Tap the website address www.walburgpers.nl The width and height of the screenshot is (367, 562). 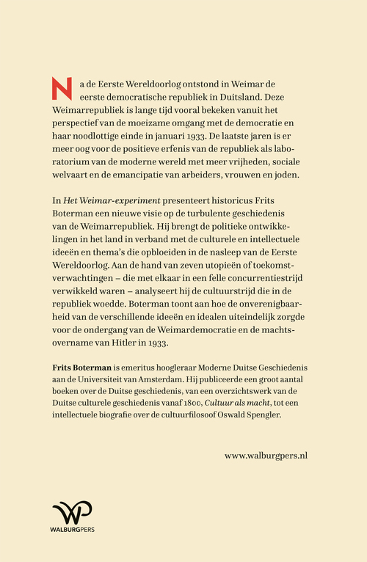[x=266, y=455]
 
